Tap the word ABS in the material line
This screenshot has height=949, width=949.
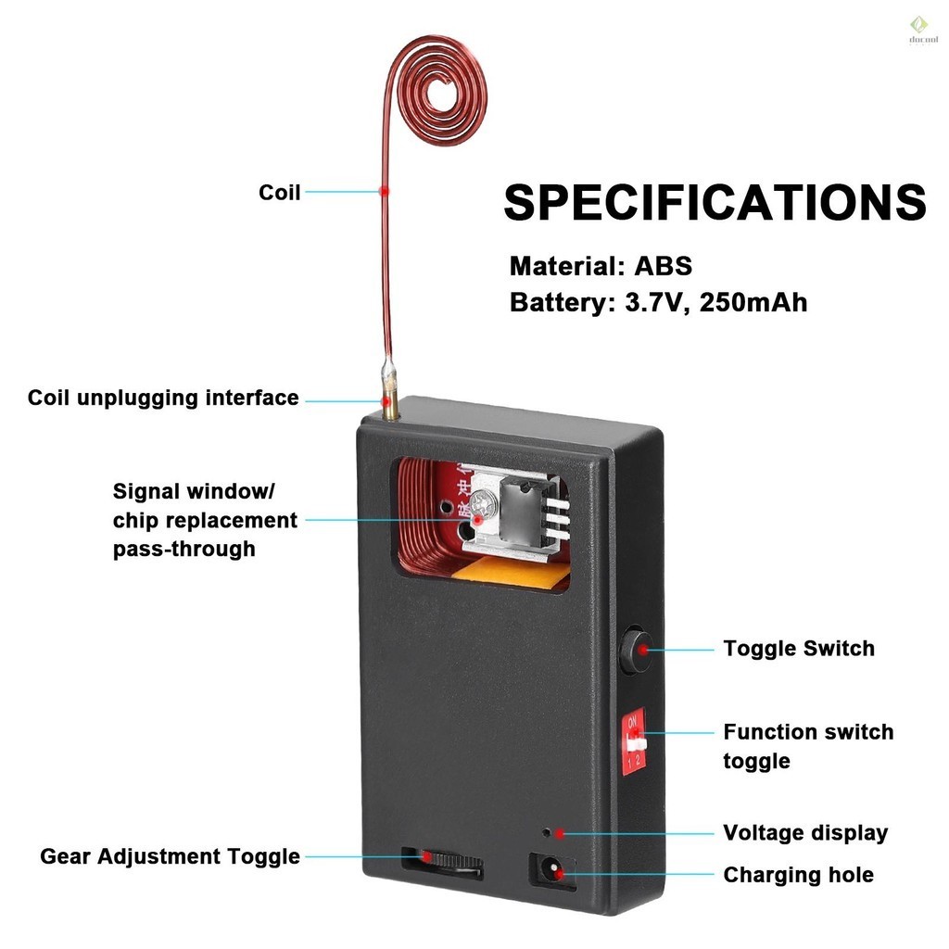click(663, 267)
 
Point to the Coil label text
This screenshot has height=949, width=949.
click(279, 193)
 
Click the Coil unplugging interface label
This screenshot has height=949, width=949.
click(163, 399)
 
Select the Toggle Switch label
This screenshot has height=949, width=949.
click(798, 649)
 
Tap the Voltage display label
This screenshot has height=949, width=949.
click(804, 833)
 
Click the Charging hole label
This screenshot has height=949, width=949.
click(798, 875)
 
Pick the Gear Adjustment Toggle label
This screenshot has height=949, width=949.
click(170, 856)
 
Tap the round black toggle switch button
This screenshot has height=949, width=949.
click(635, 650)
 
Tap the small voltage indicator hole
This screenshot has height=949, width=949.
click(548, 832)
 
